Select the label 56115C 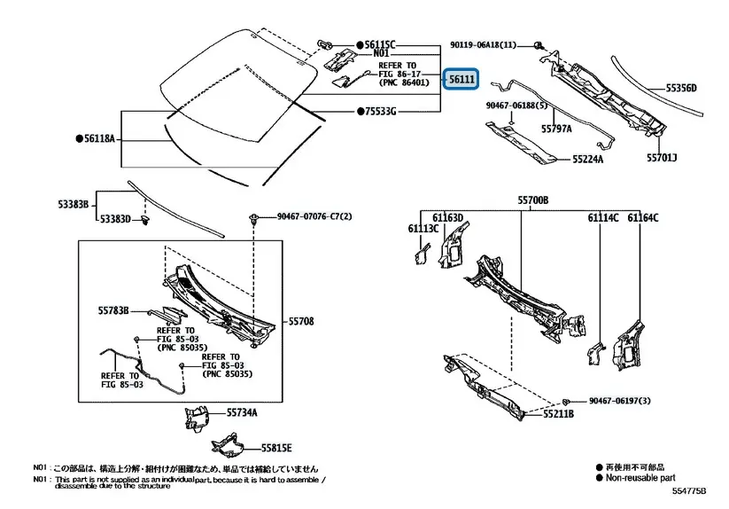379,43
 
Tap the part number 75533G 379,112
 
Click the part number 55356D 682,88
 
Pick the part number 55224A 587,160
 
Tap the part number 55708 301,321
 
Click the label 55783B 113,310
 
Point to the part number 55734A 241,412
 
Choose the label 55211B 559,413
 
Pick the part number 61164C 643,217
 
